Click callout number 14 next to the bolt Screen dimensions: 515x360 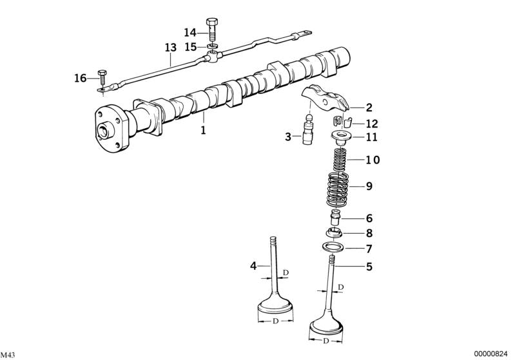click(x=190, y=32)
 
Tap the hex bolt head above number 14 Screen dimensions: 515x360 click(x=212, y=23)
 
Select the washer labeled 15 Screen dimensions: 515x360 click(x=213, y=46)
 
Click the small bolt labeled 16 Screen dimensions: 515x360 click(x=102, y=78)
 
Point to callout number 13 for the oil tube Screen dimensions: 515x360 click(x=170, y=47)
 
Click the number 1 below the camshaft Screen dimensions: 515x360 click(x=203, y=130)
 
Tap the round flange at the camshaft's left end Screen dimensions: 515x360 click(x=111, y=128)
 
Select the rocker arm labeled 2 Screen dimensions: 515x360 click(x=325, y=97)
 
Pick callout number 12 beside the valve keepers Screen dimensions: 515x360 click(x=372, y=124)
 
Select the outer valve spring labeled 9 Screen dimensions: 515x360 click(x=338, y=189)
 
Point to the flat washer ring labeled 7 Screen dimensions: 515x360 click(x=332, y=246)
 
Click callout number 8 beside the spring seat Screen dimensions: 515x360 click(x=369, y=233)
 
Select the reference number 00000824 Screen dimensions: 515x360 click(x=492, y=354)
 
